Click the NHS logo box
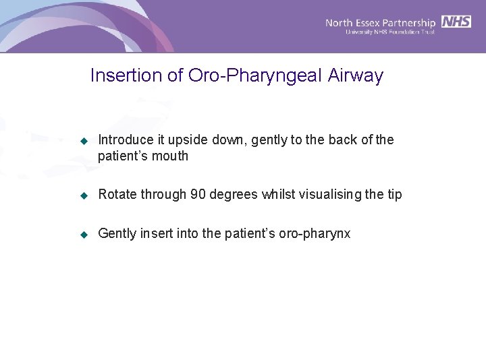456,22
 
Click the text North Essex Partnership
381,22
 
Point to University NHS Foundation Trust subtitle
390,32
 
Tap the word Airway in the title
356,75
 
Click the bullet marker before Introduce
84,141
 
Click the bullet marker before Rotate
84,195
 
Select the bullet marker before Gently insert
84,235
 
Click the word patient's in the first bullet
124,156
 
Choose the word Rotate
116,195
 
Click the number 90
198,195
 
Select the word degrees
234,195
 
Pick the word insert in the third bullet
156,234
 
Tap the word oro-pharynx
313,234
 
